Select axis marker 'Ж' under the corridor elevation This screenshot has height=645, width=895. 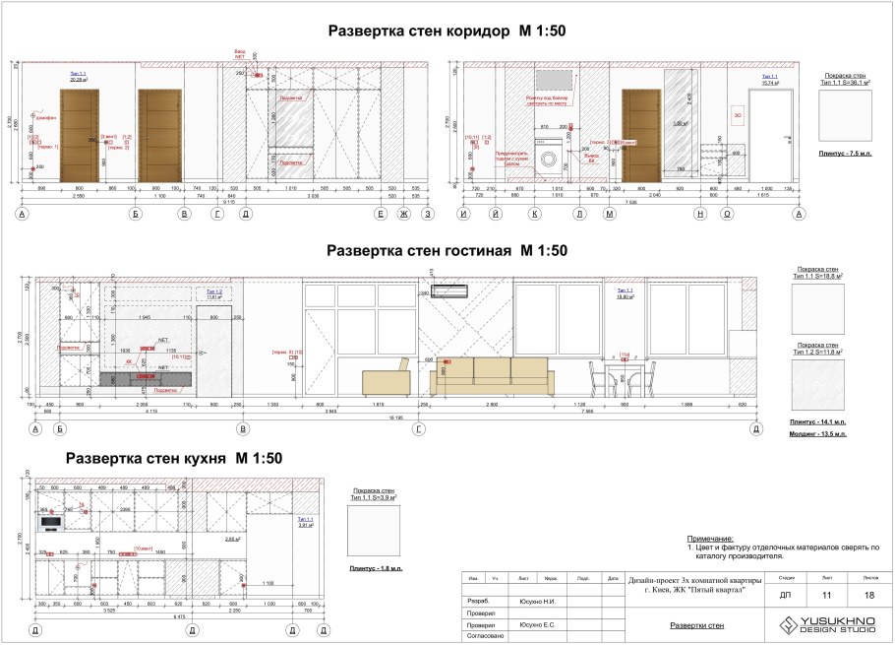403,213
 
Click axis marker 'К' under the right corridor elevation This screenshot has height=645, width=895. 534,213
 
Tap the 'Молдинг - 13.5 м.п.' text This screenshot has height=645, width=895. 817,431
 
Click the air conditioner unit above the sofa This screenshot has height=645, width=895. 452,290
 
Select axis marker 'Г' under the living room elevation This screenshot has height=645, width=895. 420,428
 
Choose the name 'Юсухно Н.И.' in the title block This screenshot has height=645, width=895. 537,600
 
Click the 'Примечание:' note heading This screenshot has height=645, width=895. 710,539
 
